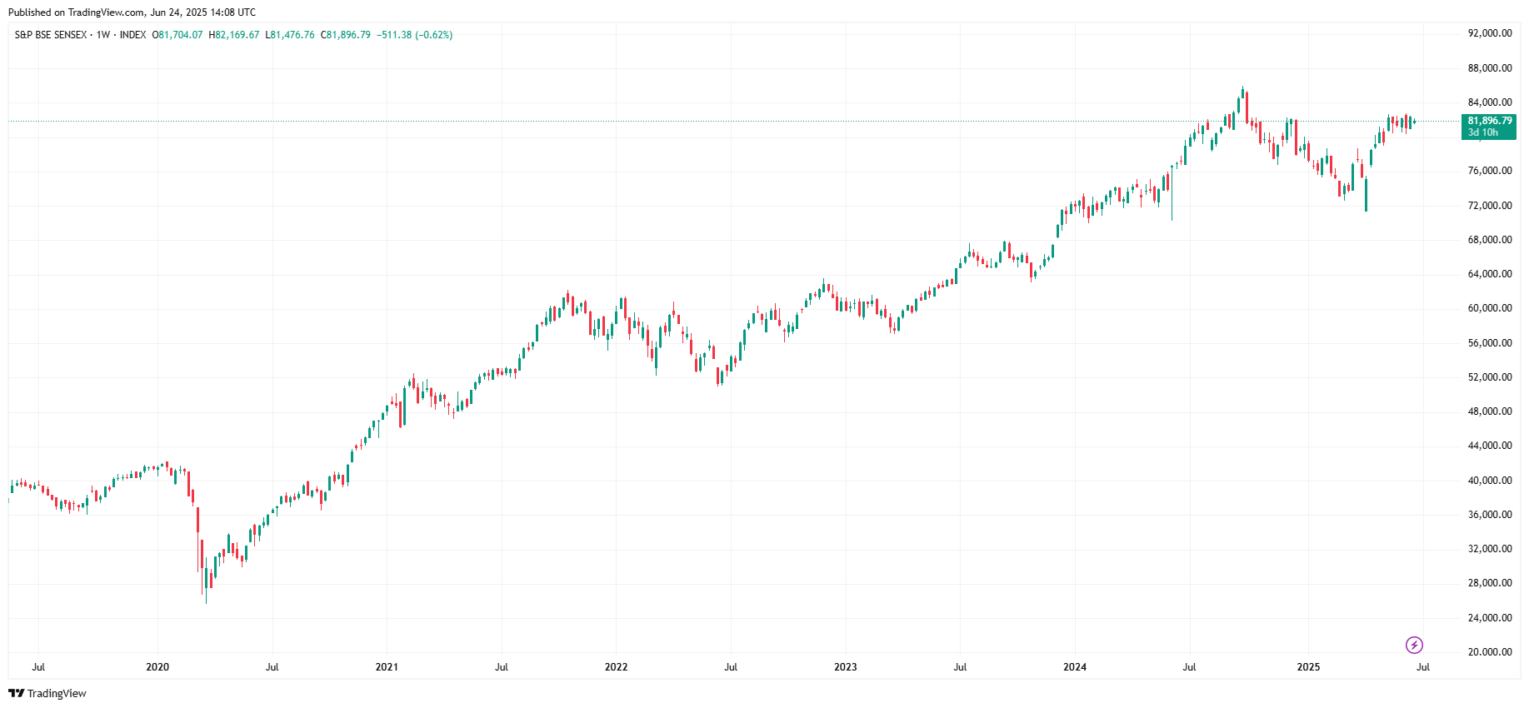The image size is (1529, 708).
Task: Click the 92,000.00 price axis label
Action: pyautogui.click(x=1489, y=33)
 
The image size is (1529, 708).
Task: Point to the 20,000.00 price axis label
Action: pyautogui.click(x=1489, y=652)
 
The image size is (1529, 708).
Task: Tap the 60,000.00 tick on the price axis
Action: pyautogui.click(x=1489, y=308)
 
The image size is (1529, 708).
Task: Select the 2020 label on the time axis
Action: pyautogui.click(x=157, y=667)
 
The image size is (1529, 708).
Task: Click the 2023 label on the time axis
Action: pyautogui.click(x=845, y=667)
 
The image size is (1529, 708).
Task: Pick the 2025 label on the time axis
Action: pyautogui.click(x=1308, y=667)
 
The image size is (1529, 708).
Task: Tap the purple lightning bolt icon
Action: pyautogui.click(x=1414, y=645)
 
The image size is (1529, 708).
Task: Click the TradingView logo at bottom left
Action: pyautogui.click(x=47, y=693)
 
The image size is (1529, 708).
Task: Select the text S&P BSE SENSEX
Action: pyautogui.click(x=51, y=35)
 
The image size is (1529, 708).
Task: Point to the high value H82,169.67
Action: pyautogui.click(x=234, y=35)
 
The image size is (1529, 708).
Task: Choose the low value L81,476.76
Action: pyautogui.click(x=290, y=35)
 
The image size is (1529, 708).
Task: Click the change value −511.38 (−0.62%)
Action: pyautogui.click(x=415, y=35)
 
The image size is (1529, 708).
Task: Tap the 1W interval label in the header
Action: pyautogui.click(x=103, y=35)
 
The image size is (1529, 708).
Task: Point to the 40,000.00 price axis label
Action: pyautogui.click(x=1489, y=481)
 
